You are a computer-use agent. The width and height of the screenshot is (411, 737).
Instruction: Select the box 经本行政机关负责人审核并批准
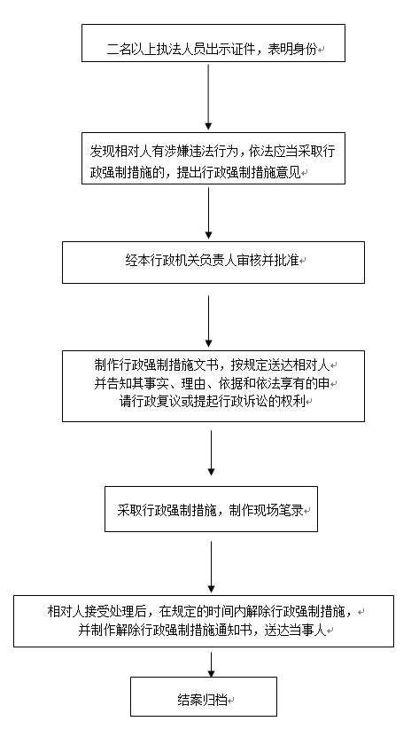(213, 263)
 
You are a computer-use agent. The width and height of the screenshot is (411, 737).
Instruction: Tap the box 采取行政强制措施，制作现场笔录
(211, 509)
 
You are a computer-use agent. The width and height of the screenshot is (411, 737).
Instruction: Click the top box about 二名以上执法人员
(213, 43)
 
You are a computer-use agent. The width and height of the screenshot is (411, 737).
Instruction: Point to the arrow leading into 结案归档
(211, 664)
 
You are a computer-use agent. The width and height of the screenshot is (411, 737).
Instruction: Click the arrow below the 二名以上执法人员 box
(208, 98)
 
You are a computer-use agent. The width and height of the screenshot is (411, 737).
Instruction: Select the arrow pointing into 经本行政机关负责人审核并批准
(209, 213)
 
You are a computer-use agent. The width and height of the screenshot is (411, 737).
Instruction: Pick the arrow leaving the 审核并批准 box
(209, 321)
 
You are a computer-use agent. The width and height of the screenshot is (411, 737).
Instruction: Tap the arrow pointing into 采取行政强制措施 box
(211, 452)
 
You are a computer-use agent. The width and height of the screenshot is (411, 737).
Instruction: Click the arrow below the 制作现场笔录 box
(211, 567)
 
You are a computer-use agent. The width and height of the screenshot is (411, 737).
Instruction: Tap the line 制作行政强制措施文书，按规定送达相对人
(213, 365)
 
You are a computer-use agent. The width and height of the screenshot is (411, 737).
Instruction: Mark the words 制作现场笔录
(266, 511)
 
